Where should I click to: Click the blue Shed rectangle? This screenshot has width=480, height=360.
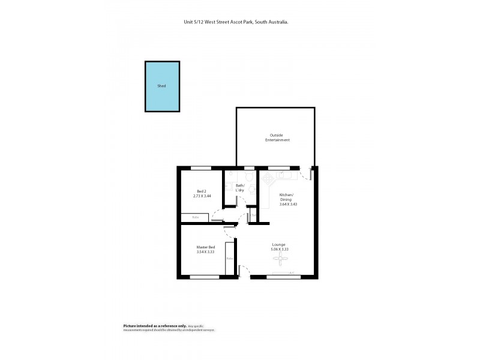tap(162, 86)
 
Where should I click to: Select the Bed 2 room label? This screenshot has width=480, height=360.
tap(202, 191)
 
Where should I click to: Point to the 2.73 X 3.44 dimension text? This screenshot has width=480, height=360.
tap(202, 196)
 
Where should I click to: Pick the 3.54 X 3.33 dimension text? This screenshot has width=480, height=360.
tap(206, 252)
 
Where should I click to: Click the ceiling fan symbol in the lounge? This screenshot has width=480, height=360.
tap(280, 258)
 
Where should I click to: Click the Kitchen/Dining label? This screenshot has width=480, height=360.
tap(286, 197)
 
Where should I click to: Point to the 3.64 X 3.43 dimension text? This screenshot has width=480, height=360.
tap(288, 205)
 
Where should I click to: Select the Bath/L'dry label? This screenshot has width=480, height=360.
tap(239, 188)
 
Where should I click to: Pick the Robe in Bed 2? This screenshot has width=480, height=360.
tap(196, 217)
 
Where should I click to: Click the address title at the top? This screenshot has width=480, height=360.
tap(236, 22)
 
